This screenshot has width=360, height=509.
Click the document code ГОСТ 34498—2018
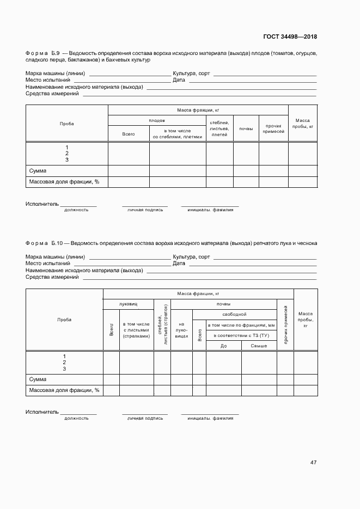click(290, 37)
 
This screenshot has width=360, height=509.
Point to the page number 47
click(313, 462)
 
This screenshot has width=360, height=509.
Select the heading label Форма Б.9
click(43, 54)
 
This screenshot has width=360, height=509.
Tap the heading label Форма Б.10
click(44, 243)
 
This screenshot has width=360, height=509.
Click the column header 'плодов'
click(157, 120)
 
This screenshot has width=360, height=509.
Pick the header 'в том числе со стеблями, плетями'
click(178, 134)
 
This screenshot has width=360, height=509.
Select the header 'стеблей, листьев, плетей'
click(219, 128)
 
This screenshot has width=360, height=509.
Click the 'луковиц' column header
click(129, 304)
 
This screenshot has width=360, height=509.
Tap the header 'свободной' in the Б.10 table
click(234, 314)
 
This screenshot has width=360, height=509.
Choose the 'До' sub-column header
click(223, 346)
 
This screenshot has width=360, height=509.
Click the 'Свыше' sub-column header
click(259, 346)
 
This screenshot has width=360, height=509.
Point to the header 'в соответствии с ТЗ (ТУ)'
click(241, 335)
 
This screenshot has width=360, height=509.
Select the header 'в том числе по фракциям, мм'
click(241, 325)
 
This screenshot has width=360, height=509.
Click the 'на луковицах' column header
click(181, 330)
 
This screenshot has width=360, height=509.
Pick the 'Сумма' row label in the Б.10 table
click(38, 379)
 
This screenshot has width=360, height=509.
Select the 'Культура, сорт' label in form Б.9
click(191, 73)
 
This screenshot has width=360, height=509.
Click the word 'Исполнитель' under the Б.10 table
click(42, 412)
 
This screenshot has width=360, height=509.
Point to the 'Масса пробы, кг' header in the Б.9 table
click(303, 123)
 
